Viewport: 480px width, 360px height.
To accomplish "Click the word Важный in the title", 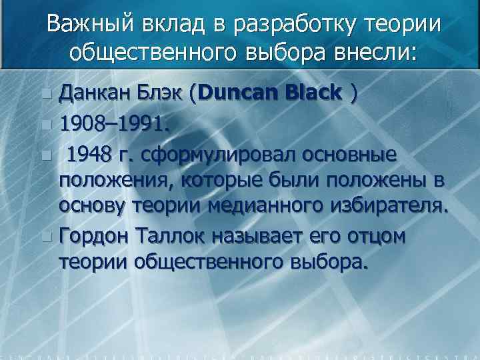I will pyautogui.click(x=91, y=25).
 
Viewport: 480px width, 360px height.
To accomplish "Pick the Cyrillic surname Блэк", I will pyautogui.click(x=158, y=94).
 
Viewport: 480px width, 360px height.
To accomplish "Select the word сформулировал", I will pyautogui.click(x=218, y=154).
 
